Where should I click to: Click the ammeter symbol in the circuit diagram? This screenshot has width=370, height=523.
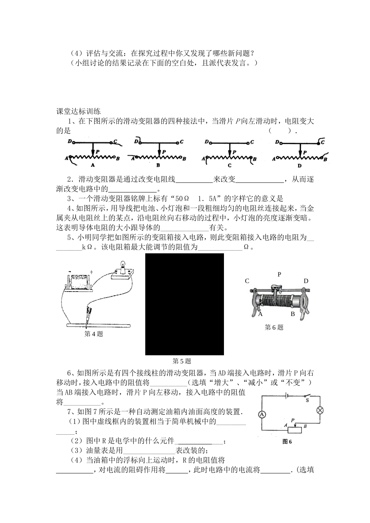point(262,415)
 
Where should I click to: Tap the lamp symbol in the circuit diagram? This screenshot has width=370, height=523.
point(321,410)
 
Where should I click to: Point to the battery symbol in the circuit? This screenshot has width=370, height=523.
point(287,396)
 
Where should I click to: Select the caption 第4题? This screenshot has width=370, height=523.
point(94,333)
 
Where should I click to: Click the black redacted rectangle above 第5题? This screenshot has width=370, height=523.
point(185,304)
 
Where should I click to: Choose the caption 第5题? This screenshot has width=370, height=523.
point(182,361)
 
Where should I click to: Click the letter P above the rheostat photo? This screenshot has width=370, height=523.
point(279,274)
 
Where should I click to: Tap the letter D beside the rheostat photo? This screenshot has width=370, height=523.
point(306,281)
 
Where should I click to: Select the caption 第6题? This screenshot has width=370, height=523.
point(274,327)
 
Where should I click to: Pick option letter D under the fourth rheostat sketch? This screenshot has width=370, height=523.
point(300,166)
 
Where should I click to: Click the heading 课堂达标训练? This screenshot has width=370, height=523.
point(79,111)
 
